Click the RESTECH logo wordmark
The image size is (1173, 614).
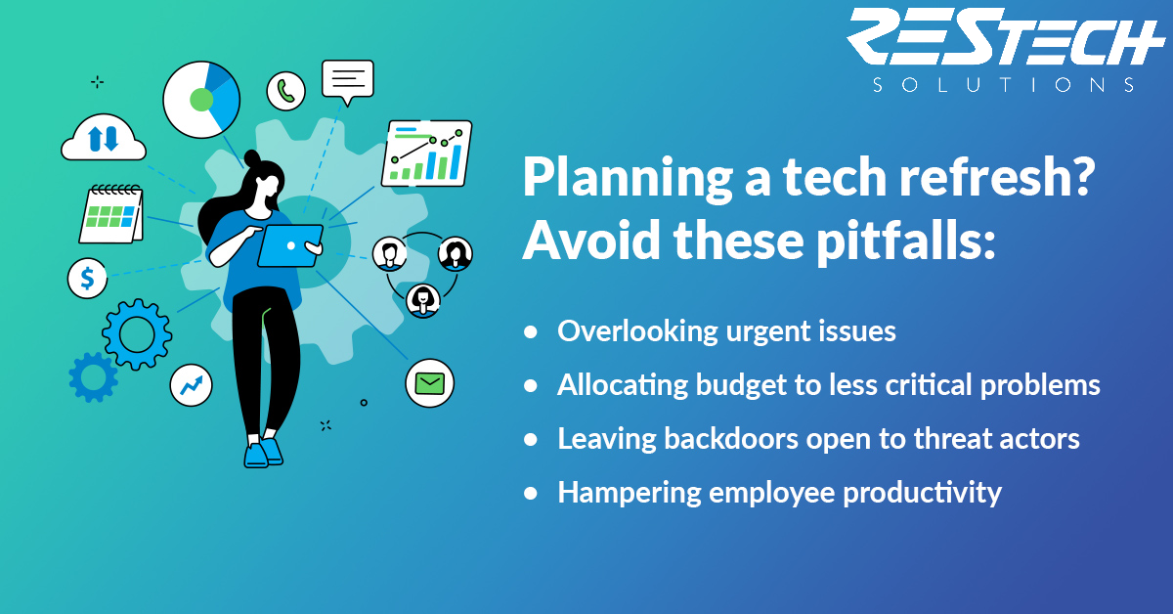1005,37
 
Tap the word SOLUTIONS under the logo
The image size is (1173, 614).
1004,85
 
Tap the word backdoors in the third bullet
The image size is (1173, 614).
730,438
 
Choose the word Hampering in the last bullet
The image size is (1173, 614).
629,494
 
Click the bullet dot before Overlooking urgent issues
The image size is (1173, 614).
531,332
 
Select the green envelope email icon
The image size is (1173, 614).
429,383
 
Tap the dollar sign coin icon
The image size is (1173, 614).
87,279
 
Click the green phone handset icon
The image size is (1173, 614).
285,91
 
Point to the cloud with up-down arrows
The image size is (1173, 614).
104,137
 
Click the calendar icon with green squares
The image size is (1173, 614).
111,214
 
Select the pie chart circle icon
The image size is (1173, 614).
201,100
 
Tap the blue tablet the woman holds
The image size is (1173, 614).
290,245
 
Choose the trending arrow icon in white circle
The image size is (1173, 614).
192,385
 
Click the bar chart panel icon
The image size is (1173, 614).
427,153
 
